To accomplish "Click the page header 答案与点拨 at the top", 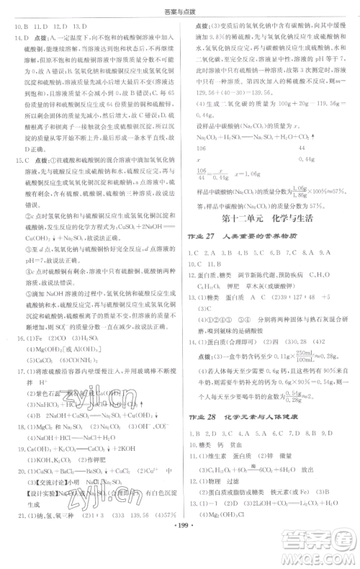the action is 179,9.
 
